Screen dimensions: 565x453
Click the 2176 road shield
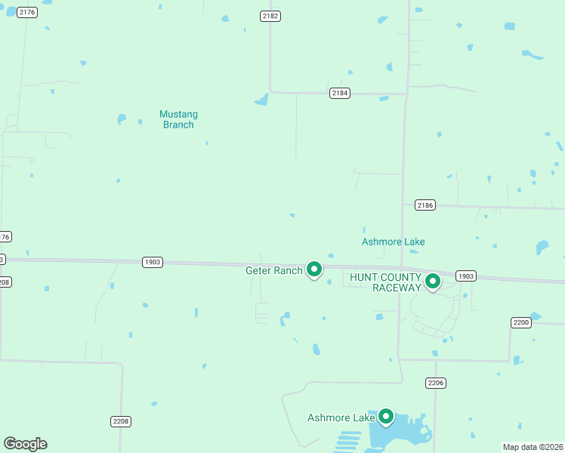tap(27, 12)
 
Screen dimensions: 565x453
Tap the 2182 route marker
tap(270, 16)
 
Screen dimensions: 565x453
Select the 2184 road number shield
tap(340, 93)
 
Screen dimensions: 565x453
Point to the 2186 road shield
tap(425, 205)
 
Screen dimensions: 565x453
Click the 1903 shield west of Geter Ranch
tap(153, 262)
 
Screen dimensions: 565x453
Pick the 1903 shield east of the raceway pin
tap(466, 276)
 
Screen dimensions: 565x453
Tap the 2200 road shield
tap(521, 322)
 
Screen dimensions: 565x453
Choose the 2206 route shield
tap(436, 383)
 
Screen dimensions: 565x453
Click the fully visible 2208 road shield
tap(121, 421)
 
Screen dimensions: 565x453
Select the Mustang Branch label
tap(179, 119)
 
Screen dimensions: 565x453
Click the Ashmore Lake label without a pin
tap(393, 242)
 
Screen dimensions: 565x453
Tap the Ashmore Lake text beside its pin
tap(341, 418)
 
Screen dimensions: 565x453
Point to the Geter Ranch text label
tap(274, 270)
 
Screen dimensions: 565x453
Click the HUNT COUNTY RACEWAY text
tap(385, 282)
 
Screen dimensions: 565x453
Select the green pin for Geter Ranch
tap(314, 268)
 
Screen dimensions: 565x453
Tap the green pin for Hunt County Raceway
tap(433, 282)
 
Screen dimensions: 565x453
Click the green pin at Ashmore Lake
tap(386, 416)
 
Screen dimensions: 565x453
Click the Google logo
tap(25, 444)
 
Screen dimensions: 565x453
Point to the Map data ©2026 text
tap(533, 447)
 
